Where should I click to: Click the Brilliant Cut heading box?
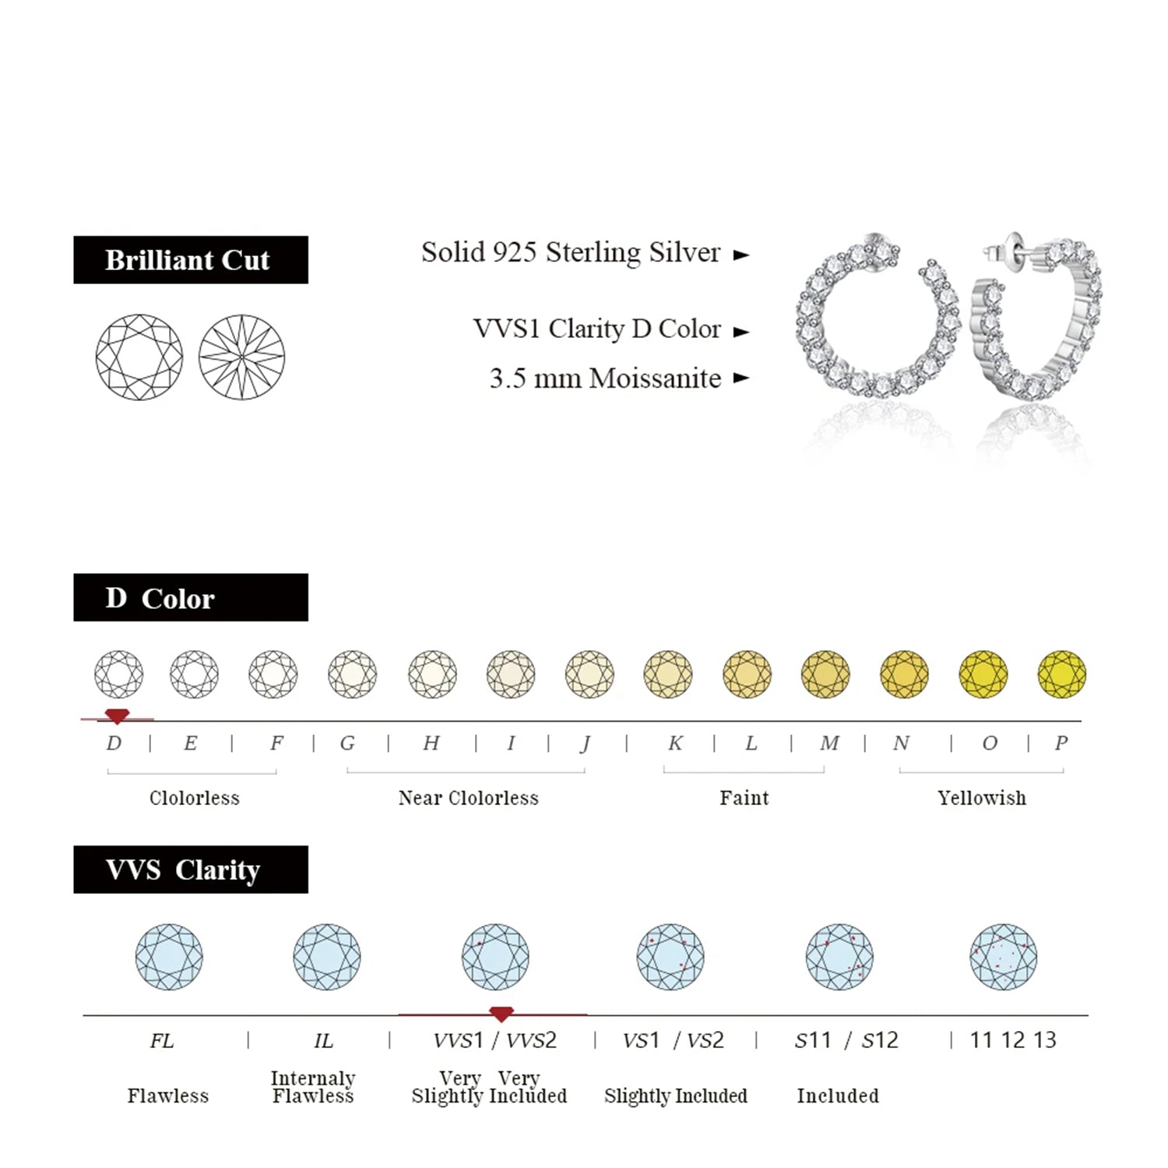[190, 260]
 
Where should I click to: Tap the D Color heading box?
[190, 598]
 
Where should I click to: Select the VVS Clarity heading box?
[190, 869]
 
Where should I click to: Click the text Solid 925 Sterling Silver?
[571, 253]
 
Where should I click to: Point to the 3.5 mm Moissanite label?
[605, 378]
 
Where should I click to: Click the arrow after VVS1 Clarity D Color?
[741, 332]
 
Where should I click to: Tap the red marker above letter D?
[117, 716]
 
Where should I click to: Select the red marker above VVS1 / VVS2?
[501, 1013]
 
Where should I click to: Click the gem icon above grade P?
[1061, 674]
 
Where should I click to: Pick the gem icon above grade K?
[668, 674]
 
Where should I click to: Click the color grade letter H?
[431, 744]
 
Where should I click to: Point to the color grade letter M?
[829, 744]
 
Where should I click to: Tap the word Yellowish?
[982, 798]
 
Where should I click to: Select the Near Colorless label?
[468, 798]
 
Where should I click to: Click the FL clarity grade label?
[162, 1041]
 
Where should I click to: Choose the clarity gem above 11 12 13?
[1003, 957]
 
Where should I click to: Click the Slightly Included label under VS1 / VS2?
[675, 1096]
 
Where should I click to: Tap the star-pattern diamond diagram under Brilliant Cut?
[241, 357]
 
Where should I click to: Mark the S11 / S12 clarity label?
[846, 1041]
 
